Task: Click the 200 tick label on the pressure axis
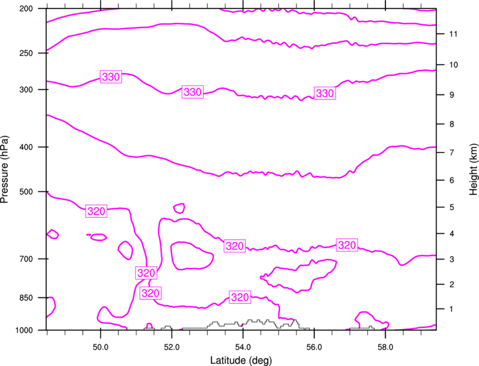(26, 8)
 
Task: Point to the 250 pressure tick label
(26, 53)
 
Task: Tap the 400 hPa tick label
(26, 147)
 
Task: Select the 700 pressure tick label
(26, 259)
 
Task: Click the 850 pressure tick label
(26, 298)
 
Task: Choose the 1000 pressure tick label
(24, 330)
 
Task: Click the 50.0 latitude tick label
(100, 347)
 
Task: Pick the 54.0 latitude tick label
(243, 347)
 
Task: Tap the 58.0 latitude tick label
(385, 347)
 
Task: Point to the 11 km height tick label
(454, 34)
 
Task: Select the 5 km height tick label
(452, 207)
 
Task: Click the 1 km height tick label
(451, 309)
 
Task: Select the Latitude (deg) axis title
(241, 360)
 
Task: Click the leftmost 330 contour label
(111, 77)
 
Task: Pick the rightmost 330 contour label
(325, 93)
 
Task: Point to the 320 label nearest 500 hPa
(96, 211)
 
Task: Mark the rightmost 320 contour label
(347, 245)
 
